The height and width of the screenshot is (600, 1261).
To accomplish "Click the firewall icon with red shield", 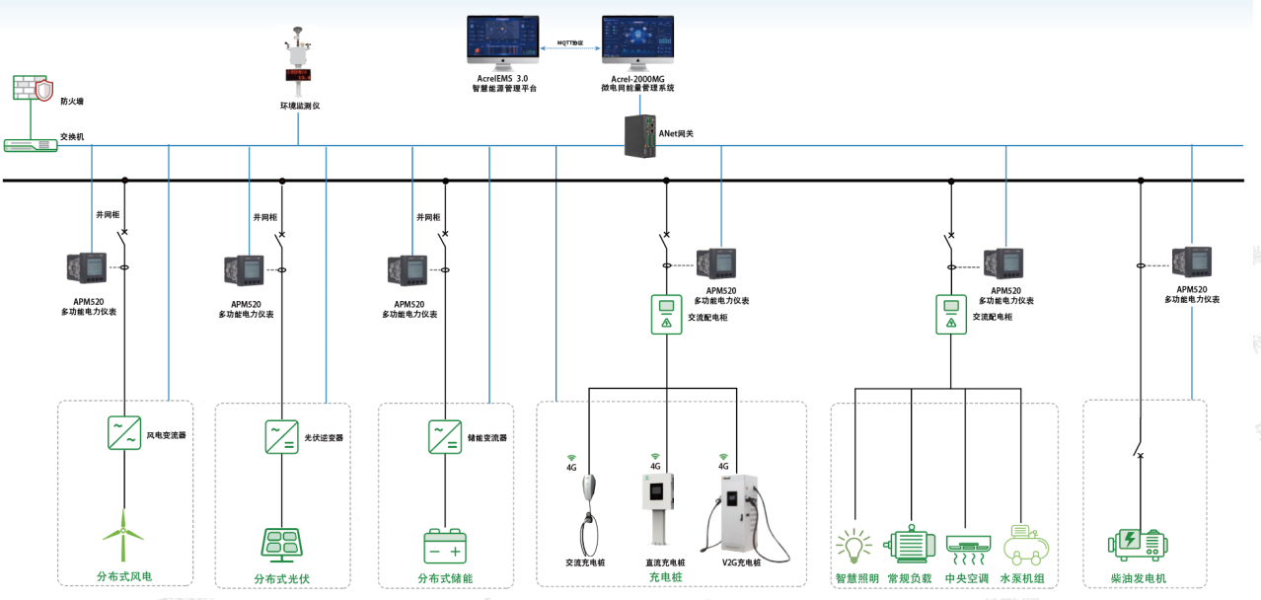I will (x=33, y=90).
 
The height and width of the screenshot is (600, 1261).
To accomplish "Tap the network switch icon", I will (x=31, y=145).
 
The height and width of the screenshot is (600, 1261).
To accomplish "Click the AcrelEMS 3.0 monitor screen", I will (x=503, y=42).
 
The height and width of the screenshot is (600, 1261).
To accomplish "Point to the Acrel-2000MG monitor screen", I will (x=637, y=42).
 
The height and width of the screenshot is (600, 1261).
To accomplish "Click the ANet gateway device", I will (x=640, y=135).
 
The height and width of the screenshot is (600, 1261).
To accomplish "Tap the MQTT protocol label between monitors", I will (x=570, y=43).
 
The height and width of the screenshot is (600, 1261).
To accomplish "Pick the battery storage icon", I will (x=445, y=546).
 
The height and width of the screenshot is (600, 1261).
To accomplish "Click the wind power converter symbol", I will (x=124, y=433).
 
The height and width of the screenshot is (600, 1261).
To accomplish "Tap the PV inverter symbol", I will (x=282, y=436).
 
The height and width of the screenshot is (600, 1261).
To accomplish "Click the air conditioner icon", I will (x=967, y=545).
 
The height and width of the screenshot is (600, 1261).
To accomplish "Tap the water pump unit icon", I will (x=1025, y=544).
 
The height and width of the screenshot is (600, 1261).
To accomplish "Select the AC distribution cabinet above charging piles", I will (x=666, y=314).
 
